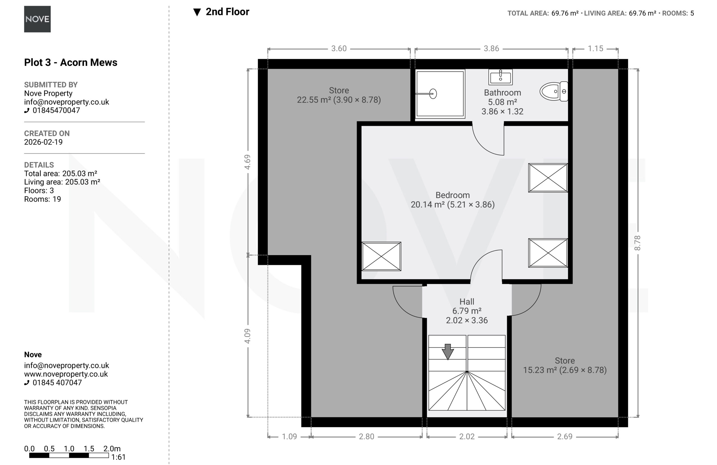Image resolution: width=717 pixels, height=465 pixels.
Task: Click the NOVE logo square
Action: tap(37, 19)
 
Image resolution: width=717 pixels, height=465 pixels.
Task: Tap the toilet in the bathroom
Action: tap(554, 91)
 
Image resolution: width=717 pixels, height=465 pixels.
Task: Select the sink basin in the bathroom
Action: tap(500, 77)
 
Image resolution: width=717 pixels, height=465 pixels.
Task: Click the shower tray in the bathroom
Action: tap(440, 94)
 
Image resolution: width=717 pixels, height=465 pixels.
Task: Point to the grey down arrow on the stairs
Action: tap(448, 351)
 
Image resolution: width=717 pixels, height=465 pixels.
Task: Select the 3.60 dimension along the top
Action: tap(339, 48)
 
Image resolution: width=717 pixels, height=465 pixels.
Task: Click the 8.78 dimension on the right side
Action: tap(637, 243)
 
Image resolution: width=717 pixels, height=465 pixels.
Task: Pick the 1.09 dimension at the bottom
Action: tap(289, 436)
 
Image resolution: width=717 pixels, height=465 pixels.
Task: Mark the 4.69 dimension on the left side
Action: tap(247, 162)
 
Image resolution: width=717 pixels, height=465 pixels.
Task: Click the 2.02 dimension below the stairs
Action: tap(467, 436)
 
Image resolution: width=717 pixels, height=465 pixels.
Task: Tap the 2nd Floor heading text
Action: tap(227, 12)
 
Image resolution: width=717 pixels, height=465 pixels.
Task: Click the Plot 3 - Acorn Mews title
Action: tap(71, 63)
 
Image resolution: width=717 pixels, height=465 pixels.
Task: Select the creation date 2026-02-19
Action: tap(43, 142)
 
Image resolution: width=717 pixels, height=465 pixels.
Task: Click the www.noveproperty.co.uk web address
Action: tap(66, 374)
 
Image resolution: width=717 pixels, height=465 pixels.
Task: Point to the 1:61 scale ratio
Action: tap(118, 457)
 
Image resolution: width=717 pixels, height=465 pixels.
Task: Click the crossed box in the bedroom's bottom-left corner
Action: tap(381, 256)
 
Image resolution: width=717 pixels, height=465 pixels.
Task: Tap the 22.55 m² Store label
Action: tap(339, 95)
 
